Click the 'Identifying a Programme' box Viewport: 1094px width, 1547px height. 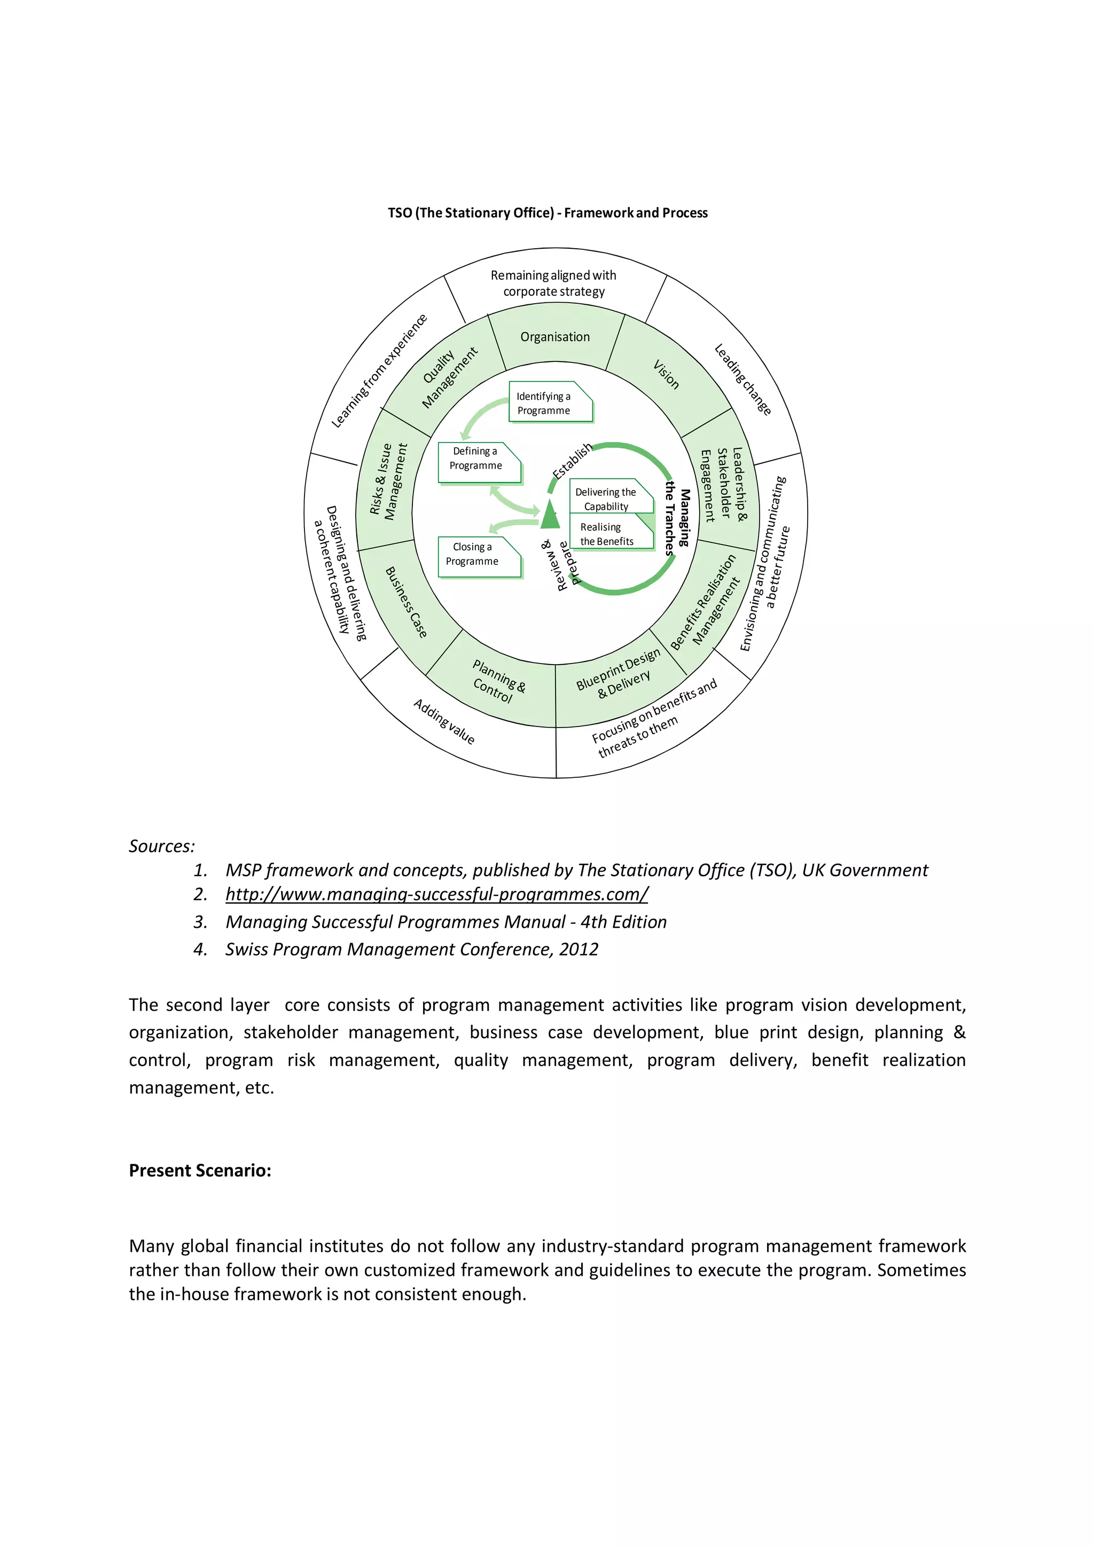pyautogui.click(x=549, y=402)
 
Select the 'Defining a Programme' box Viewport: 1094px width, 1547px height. pyautogui.click(x=479, y=462)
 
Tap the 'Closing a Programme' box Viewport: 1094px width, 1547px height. pyautogui.click(x=479, y=557)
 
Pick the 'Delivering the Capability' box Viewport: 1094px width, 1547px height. pyautogui.click(x=610, y=498)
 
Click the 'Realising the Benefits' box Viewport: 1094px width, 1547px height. pyautogui.click(x=610, y=532)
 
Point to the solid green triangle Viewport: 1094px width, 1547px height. pyautogui.click(x=550, y=516)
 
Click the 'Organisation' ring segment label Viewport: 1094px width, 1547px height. pyautogui.click(x=555, y=337)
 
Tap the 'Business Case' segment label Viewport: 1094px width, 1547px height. pyautogui.click(x=406, y=602)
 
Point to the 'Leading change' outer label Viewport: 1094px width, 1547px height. pyautogui.click(x=742, y=380)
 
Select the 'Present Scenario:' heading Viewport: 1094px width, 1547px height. pyautogui.click(x=200, y=1170)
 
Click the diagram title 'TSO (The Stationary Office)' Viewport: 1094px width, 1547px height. pyautogui.click(x=471, y=213)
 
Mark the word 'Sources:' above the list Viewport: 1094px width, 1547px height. pyautogui.click(x=162, y=846)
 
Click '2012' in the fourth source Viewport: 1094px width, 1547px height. pyautogui.click(x=579, y=949)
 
